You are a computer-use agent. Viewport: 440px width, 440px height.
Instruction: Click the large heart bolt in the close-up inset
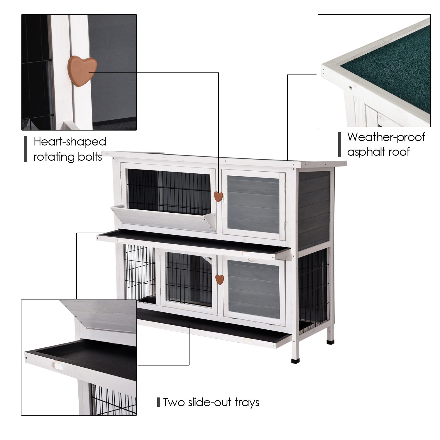coord(82,71)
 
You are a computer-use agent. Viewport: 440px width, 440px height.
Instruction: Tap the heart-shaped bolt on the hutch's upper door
coord(218,196)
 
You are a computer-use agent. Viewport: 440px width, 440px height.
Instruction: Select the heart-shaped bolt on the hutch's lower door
coord(219,279)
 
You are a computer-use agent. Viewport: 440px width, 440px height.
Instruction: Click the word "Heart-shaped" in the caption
coord(70,142)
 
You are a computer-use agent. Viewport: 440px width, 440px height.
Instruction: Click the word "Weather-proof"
coord(386,137)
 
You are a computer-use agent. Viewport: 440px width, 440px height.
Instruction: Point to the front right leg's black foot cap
coord(295,361)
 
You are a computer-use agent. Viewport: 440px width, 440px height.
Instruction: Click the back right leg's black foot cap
coord(330,341)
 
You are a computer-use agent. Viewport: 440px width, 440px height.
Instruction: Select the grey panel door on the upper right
coord(253,204)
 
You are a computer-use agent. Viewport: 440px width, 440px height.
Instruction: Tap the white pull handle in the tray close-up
coord(57,365)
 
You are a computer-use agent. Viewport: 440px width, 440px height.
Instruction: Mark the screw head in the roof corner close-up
coord(350,87)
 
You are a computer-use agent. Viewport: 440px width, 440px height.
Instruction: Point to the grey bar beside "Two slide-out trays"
coord(159,402)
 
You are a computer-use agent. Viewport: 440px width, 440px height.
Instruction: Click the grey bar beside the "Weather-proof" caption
coord(340,144)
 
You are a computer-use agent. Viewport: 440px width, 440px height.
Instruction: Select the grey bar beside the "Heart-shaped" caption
coord(26,149)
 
